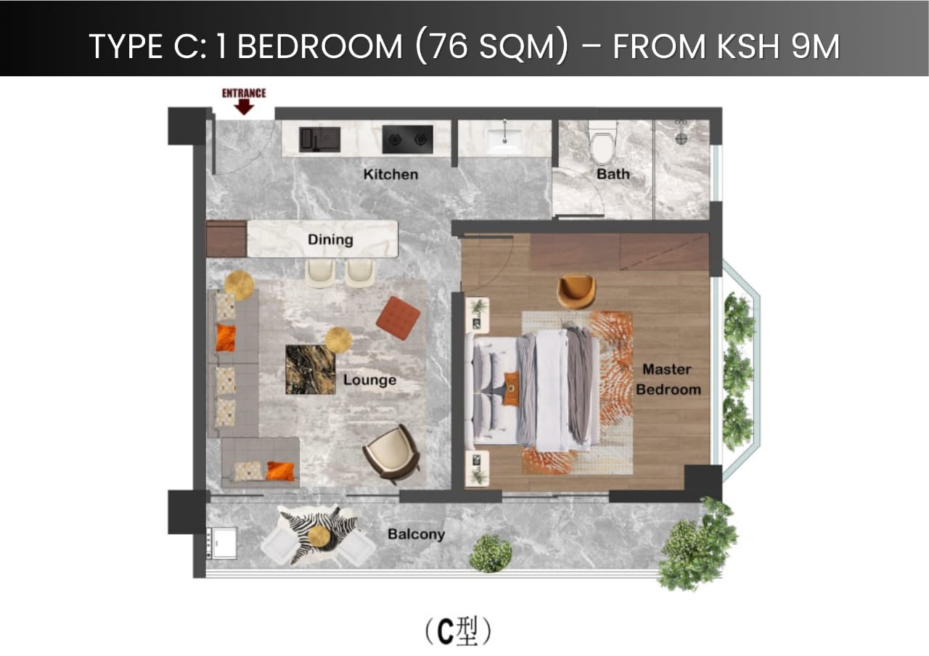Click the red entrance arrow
245,107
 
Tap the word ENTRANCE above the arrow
244,93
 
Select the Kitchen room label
390,174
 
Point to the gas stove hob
407,138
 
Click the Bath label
613,174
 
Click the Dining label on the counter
330,239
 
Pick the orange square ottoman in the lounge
398,318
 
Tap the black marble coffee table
310,369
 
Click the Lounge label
369,380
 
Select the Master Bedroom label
668,380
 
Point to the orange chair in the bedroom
576,290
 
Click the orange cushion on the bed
512,390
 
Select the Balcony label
415,535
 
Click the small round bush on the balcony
490,553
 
